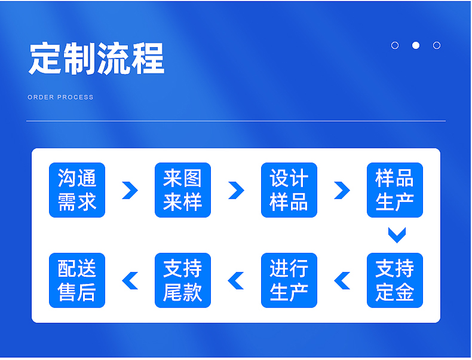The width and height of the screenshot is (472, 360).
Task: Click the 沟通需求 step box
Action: pos(77,190)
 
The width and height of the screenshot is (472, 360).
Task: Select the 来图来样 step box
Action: pos(183,190)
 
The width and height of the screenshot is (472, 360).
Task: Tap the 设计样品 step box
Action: pos(289,190)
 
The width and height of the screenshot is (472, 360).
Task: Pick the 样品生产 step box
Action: pos(395,190)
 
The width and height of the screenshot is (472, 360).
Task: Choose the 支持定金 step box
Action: pos(395,280)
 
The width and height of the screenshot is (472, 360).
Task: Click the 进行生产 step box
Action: pos(289,280)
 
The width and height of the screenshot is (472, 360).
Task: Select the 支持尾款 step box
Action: pos(183,280)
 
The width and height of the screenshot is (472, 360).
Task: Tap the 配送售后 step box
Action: pos(77,280)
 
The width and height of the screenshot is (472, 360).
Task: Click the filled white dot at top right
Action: pos(416,45)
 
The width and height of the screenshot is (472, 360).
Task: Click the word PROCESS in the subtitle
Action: pos(75,97)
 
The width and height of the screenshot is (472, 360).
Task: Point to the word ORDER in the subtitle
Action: pos(41,97)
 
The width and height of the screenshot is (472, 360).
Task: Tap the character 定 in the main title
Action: pos(45,59)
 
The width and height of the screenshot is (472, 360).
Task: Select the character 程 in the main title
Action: pos(148,59)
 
